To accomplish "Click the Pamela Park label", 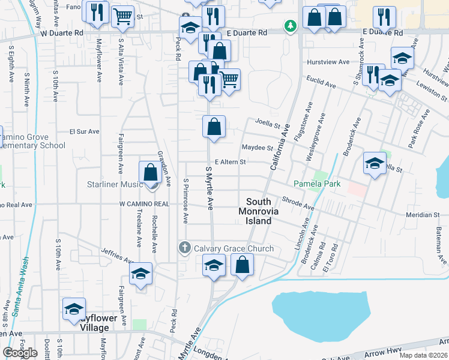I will [317, 184].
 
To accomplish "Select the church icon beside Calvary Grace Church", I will [185, 247].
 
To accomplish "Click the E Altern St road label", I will [231, 162].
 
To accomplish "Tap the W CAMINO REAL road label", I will [144, 204].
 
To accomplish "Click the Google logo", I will [20, 352].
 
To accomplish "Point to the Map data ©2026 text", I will [423, 355].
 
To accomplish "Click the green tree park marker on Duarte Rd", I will [291, 26].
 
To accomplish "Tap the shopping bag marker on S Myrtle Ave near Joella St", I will [214, 127].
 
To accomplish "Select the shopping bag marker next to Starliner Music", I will [150, 173].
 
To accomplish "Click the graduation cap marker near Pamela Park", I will [375, 163].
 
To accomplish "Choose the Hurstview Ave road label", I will [328, 62].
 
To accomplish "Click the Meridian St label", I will [423, 215].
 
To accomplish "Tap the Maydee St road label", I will [258, 148].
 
